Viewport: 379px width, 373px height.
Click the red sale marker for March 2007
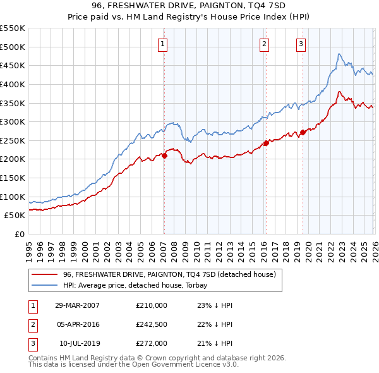pyautogui.click(x=164, y=156)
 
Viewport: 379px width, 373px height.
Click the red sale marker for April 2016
pyautogui.click(x=266, y=143)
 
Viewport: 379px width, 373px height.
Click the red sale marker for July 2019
pyautogui.click(x=303, y=132)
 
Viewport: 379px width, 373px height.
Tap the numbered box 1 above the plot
pyautogui.click(x=163, y=44)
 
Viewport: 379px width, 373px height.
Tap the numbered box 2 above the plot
pyautogui.click(x=263, y=44)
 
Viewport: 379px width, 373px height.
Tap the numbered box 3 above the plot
pyautogui.click(x=301, y=44)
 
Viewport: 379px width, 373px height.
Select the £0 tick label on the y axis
pyautogui.click(x=20, y=234)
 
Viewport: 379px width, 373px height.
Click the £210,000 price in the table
pyautogui.click(x=152, y=305)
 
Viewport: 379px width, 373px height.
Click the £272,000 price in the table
pyautogui.click(x=152, y=343)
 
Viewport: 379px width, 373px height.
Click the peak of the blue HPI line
pyautogui.click(x=339, y=54)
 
